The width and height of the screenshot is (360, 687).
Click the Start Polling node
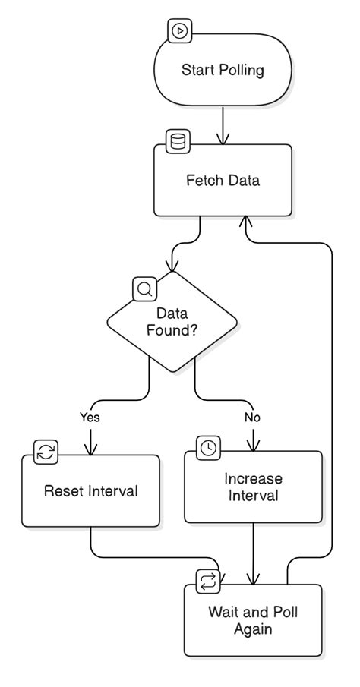click(222, 71)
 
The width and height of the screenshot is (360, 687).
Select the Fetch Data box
click(223, 181)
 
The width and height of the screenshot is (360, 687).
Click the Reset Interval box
click(91, 491)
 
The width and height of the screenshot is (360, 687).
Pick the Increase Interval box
click(253, 487)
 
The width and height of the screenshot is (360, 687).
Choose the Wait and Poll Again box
click(253, 620)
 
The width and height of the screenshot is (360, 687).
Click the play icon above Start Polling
click(180, 31)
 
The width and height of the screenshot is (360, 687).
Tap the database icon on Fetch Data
click(178, 141)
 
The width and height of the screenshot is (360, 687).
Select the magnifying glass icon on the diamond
click(144, 288)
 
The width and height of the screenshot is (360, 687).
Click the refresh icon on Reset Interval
click(46, 452)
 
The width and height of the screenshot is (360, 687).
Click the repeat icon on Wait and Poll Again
click(208, 581)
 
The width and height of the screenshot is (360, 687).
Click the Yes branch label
click(90, 417)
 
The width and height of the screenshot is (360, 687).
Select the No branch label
click(253, 417)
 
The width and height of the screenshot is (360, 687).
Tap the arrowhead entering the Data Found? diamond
click(173, 266)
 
